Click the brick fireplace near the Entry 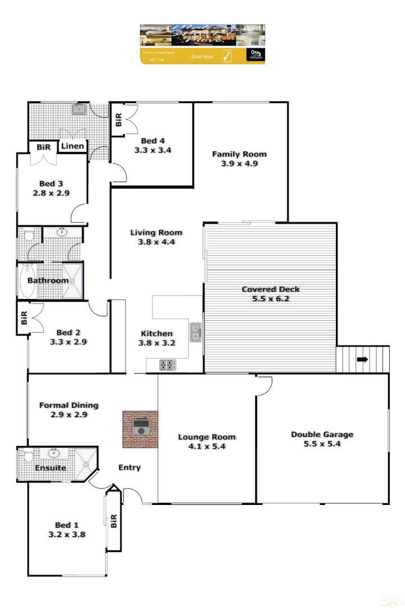click(x=141, y=430)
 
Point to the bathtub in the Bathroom click(x=26, y=281)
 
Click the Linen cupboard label click(x=73, y=146)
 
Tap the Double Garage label click(x=322, y=434)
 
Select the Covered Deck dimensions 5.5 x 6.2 click(x=271, y=299)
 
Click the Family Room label click(x=239, y=154)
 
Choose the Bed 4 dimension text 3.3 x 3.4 click(x=152, y=150)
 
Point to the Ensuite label click(x=51, y=468)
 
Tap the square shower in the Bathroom click(x=73, y=280)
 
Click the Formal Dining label click(x=69, y=405)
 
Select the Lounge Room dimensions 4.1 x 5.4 click(x=206, y=446)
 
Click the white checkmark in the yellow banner click(x=227, y=56)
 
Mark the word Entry click(x=129, y=467)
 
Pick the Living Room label click(x=156, y=233)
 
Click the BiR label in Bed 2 click(x=24, y=319)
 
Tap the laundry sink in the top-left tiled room click(x=79, y=109)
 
